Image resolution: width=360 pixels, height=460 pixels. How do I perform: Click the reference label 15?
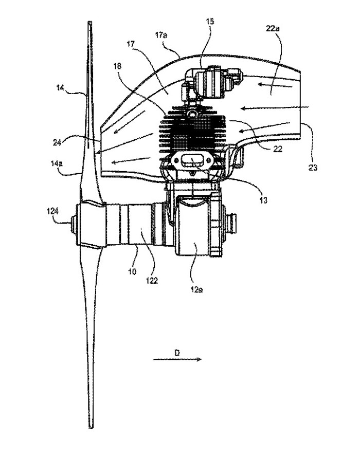pyautogui.click(x=210, y=22)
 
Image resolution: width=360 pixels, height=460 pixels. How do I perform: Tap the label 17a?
pyautogui.click(x=161, y=35)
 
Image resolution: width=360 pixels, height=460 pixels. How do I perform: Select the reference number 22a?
pyautogui.click(x=273, y=28)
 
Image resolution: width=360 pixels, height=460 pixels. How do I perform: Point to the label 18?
pyautogui.click(x=117, y=66)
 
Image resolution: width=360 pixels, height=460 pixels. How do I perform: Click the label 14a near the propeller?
pyautogui.click(x=57, y=163)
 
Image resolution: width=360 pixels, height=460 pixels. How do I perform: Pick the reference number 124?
pyautogui.click(x=52, y=211)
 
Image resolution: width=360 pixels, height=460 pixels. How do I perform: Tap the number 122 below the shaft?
pyautogui.click(x=152, y=281)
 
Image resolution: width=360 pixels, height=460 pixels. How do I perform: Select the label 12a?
pyautogui.click(x=197, y=290)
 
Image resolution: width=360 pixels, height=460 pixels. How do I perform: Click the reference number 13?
pyautogui.click(x=263, y=200)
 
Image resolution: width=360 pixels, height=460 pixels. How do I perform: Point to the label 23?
pyautogui.click(x=313, y=168)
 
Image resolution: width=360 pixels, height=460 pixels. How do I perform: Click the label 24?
pyautogui.click(x=57, y=142)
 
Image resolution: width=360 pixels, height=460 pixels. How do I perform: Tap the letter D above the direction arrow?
pyautogui.click(x=177, y=353)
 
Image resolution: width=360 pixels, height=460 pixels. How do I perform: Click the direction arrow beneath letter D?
pyautogui.click(x=177, y=359)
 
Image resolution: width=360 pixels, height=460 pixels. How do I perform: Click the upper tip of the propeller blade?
pyautogui.click(x=90, y=22)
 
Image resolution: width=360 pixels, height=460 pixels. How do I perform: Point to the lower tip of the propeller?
pyautogui.click(x=91, y=428)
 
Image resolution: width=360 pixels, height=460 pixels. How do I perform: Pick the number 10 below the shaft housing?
pyautogui.click(x=133, y=271)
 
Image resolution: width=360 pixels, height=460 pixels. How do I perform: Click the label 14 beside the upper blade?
pyautogui.click(x=61, y=87)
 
